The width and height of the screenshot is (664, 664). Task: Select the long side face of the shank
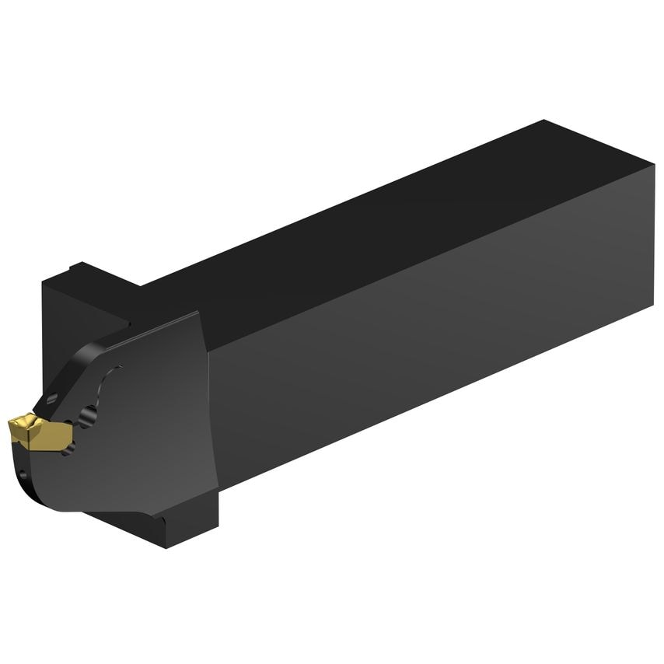tap(435, 327)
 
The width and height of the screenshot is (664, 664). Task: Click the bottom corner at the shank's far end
tap(652, 308)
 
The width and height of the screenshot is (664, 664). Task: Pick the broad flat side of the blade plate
tap(148, 435)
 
